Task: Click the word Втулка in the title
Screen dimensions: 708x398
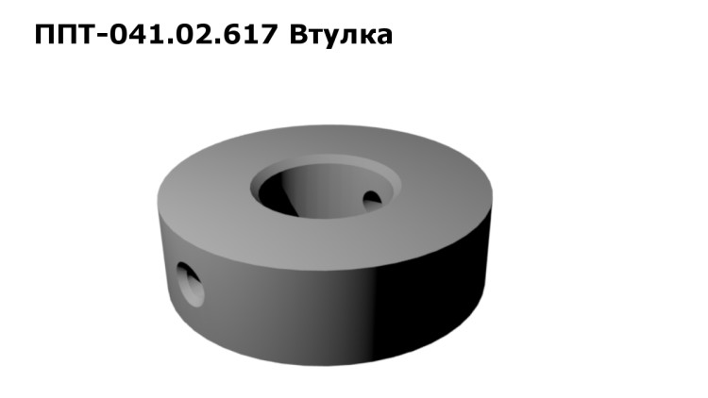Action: [341, 36]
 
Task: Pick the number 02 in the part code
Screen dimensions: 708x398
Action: [199, 35]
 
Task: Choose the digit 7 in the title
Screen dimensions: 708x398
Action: [268, 35]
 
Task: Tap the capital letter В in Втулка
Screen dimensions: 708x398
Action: [298, 35]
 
